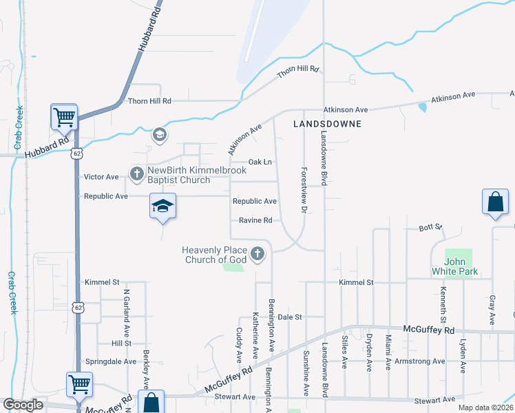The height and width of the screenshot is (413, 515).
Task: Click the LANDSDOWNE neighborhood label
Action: coord(327,125)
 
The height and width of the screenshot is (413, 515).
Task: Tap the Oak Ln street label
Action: coord(260,162)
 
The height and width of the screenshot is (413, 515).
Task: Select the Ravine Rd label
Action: coord(255,220)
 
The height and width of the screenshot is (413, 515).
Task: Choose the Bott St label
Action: coord(430,227)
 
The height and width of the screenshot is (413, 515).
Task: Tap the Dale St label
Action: coord(291,317)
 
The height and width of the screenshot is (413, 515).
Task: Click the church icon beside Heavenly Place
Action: coord(257,255)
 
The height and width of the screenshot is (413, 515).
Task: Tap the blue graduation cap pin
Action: coord(163,206)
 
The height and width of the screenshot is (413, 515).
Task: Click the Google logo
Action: coord(23,405)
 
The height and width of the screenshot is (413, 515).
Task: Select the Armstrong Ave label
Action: coord(421,361)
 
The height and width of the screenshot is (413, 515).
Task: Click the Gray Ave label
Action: coord(492,310)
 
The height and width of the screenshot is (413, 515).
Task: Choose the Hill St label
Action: coord(121,343)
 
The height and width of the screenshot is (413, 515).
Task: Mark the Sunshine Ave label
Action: coord(306,372)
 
